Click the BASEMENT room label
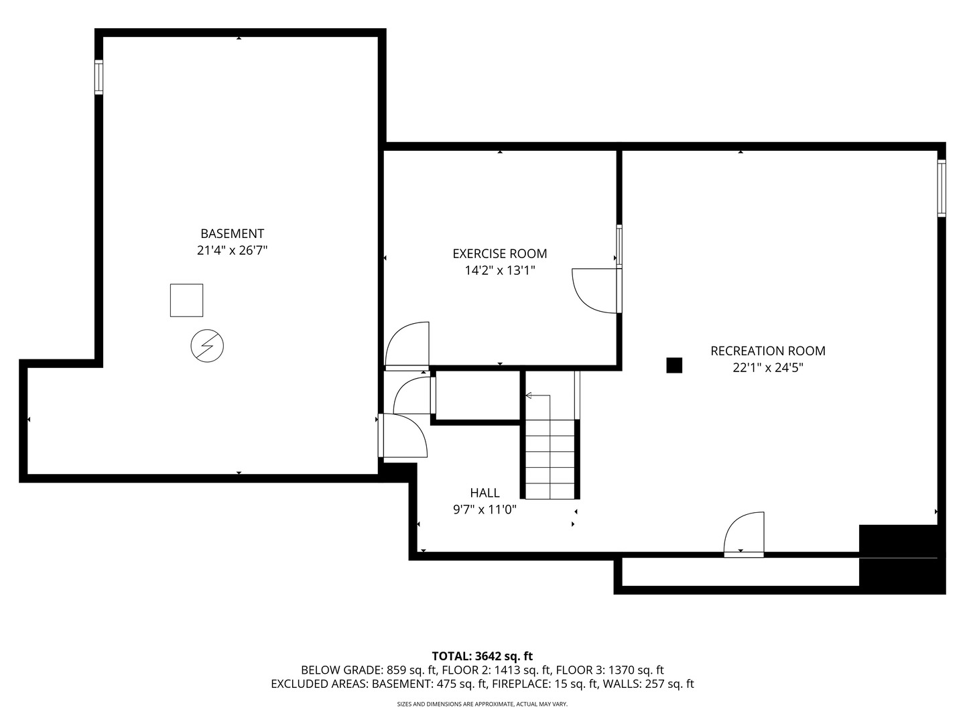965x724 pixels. pyautogui.click(x=232, y=233)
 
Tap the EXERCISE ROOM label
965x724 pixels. pyautogui.click(x=499, y=253)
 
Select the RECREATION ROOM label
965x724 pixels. pyautogui.click(x=767, y=351)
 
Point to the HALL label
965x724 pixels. pyautogui.click(x=485, y=493)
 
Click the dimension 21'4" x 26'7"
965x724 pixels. pyautogui.click(x=232, y=251)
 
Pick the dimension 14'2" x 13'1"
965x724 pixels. pyautogui.click(x=499, y=271)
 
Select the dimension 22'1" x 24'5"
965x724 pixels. pyautogui.click(x=767, y=367)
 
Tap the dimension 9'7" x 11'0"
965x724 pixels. pyautogui.click(x=485, y=509)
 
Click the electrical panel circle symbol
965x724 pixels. pyautogui.click(x=207, y=346)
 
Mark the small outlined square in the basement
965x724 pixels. pyautogui.click(x=186, y=300)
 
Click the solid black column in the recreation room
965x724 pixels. pyautogui.click(x=673, y=365)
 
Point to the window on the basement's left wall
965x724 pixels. pyautogui.click(x=99, y=77)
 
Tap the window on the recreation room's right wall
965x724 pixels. pyautogui.click(x=941, y=188)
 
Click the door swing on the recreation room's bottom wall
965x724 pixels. pyautogui.click(x=745, y=534)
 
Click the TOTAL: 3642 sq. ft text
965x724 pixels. pyautogui.click(x=482, y=656)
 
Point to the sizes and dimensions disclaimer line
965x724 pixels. pyautogui.click(x=482, y=704)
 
